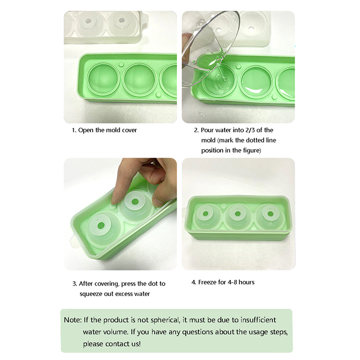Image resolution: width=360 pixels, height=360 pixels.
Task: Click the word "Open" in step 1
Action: tap(86, 130)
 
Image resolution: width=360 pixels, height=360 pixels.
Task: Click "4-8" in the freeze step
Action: tap(232, 282)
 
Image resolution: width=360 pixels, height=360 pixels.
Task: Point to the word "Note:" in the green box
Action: tap(72, 320)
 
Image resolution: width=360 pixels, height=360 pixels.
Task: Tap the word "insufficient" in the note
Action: tap(258, 320)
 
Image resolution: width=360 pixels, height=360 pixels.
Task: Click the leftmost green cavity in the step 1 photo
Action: tap(104, 79)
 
